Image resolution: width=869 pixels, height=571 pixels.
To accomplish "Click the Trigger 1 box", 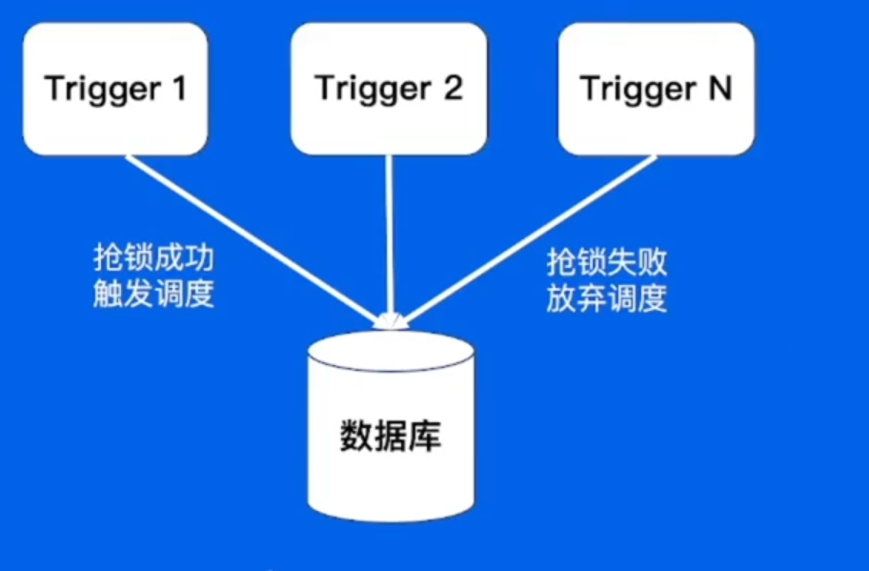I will [x=114, y=89].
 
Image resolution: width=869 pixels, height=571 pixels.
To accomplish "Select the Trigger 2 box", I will [x=388, y=89].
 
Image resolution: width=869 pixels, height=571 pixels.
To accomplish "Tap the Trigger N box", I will [x=656, y=89].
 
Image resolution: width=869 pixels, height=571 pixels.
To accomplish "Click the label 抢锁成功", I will [x=152, y=259].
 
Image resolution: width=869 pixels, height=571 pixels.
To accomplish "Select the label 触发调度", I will [x=152, y=295].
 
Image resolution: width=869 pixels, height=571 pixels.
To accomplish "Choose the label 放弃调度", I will [x=606, y=298].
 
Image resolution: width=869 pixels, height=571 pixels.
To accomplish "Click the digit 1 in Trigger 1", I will [x=177, y=90].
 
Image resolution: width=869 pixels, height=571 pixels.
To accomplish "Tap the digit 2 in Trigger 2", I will [x=452, y=89].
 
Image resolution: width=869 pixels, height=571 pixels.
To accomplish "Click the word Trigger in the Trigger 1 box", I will [x=102, y=91].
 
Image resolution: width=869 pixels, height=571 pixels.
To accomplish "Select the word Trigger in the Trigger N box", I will [x=638, y=91].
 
